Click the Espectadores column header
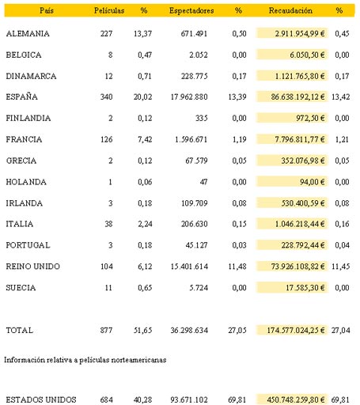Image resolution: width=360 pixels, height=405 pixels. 191,10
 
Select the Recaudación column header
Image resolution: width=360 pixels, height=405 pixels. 290,10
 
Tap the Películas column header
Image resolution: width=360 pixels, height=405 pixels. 109,10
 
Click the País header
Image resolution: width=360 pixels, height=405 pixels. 47,10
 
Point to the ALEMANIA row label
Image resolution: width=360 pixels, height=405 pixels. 28,33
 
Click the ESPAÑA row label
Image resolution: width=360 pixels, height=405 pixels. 22,97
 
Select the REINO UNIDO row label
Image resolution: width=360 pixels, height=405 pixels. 33,267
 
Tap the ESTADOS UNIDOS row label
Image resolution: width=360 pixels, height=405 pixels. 41,399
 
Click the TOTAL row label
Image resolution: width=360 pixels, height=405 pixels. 20,330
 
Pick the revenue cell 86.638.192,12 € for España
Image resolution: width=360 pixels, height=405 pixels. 297,97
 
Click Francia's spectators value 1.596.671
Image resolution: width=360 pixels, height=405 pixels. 191,139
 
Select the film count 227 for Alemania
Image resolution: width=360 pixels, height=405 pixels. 106,33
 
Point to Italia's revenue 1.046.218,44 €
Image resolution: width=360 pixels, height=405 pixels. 300,224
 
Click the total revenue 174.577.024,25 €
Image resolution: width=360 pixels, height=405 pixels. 296,330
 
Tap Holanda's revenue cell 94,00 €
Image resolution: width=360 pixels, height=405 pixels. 313,182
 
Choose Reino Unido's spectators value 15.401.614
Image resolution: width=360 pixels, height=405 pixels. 189,267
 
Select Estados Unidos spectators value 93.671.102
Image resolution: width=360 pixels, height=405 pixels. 189,399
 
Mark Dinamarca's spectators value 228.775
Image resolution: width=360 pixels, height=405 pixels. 194,76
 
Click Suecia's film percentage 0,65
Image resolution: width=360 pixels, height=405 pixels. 145,287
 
